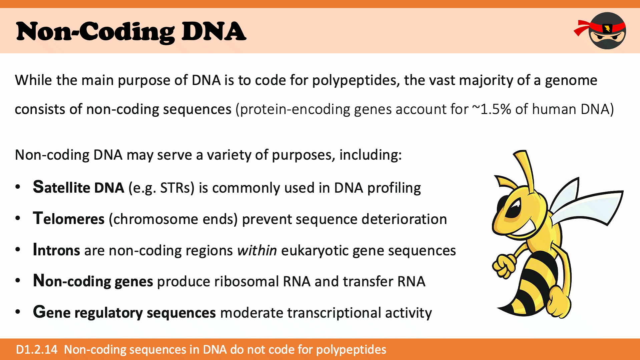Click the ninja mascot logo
pos(600,31)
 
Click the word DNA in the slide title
pos(214,32)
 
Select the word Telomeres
pos(69,219)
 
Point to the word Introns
pos(56,250)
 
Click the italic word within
pos(257,250)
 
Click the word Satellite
pos(61,187)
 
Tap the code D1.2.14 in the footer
pos(37,349)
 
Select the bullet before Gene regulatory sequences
pos(18,312)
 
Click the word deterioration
pos(404,219)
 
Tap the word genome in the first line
pos(571,81)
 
